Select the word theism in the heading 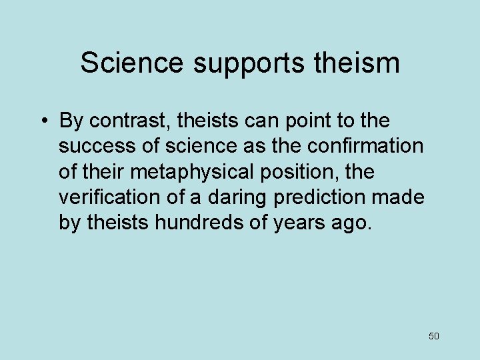coord(357,63)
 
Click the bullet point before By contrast coord(42,121)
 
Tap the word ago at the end coord(349,223)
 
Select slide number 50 coord(434,336)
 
